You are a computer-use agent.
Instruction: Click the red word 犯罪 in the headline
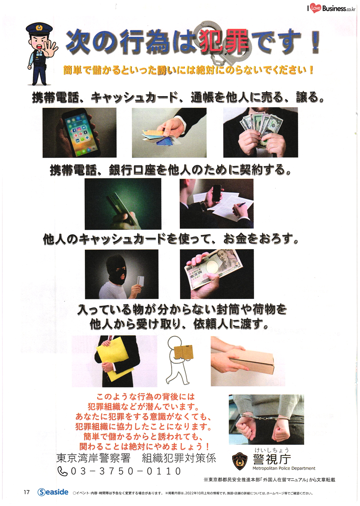[224, 41]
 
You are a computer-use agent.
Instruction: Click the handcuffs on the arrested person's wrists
[265, 416]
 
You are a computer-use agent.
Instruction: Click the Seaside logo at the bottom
[53, 492]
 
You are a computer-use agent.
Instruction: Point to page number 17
[27, 492]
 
